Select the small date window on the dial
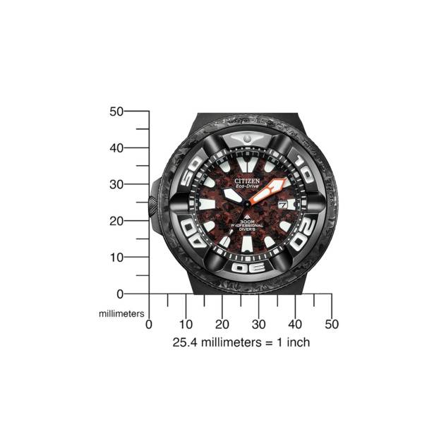point(282,204)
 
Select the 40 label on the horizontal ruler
point(295,324)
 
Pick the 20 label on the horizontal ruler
point(222,324)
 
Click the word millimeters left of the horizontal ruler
point(121,312)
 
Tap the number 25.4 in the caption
point(185,342)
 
